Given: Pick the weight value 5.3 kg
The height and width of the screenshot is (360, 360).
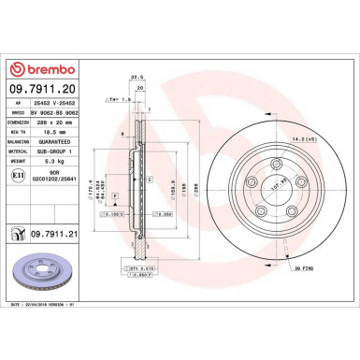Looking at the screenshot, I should point(48,162).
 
